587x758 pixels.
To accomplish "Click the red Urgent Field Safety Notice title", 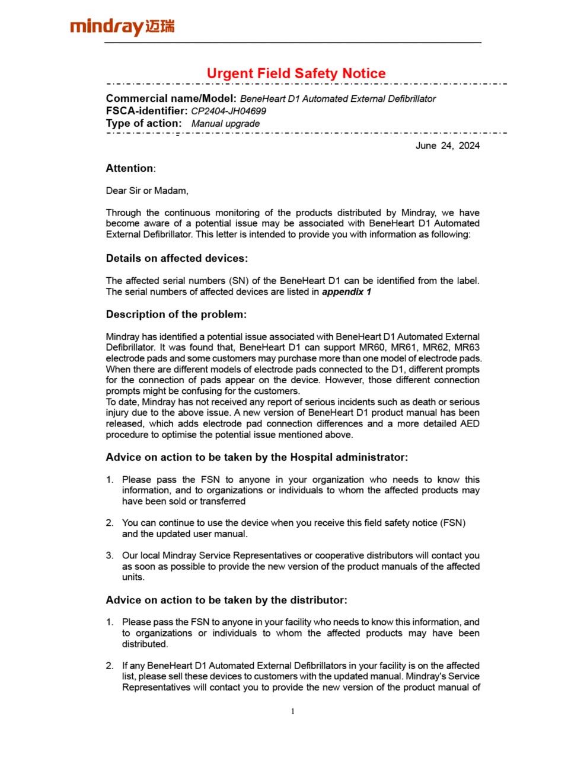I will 296,73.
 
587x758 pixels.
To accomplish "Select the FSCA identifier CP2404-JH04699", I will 228,111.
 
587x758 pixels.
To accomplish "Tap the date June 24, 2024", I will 448,146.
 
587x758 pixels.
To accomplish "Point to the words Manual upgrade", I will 225,124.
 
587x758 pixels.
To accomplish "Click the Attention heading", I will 130,168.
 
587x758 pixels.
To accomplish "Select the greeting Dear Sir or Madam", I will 147,191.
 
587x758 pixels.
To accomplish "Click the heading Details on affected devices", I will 177,258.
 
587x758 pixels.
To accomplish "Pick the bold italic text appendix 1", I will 346,292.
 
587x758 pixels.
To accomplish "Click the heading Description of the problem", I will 176,314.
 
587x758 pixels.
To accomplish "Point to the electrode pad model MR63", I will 467,348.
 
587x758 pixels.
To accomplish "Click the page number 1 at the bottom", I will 293,711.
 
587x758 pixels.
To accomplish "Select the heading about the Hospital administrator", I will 257,457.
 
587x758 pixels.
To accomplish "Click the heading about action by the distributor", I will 226,600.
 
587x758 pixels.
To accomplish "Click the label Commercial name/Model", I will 171,99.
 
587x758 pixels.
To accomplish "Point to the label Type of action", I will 144,124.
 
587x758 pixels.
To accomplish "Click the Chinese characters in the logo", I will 160,26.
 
